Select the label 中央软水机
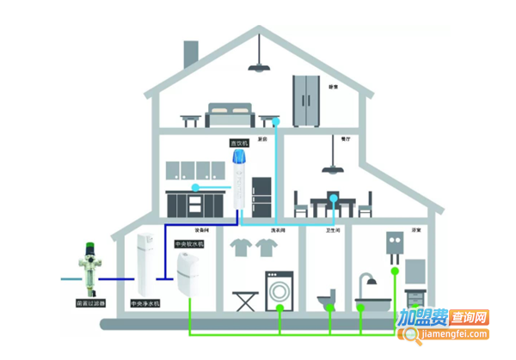[189, 244]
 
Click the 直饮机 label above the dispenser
[238, 143]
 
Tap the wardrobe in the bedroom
[307, 100]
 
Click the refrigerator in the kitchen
[261, 198]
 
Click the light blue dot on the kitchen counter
[196, 186]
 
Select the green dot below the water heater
[396, 272]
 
